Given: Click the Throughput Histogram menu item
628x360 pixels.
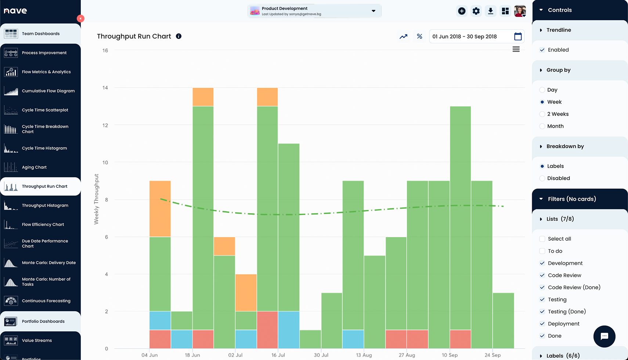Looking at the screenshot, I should (45, 206).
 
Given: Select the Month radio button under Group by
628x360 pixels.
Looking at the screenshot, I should (542, 126).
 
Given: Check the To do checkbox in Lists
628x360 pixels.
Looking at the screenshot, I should (542, 251).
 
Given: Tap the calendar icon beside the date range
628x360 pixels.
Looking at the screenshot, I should (518, 36).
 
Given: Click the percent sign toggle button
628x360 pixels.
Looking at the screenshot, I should (419, 36).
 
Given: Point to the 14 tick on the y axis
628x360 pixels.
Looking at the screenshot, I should (105, 88).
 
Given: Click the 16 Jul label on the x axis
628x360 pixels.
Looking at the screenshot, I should (278, 355).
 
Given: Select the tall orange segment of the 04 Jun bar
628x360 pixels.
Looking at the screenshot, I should (160, 208).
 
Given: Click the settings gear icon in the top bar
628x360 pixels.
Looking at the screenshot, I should (476, 11).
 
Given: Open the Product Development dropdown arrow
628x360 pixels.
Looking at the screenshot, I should (373, 11).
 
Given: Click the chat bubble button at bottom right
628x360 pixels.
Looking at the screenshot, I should (604, 336).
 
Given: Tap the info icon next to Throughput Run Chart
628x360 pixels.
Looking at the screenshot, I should (178, 36).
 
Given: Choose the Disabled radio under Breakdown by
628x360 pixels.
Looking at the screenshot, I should (542, 178).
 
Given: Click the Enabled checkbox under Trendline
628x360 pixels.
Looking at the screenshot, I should (542, 50).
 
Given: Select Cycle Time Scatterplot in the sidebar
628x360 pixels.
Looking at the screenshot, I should (45, 110).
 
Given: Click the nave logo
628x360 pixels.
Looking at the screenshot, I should (15, 11).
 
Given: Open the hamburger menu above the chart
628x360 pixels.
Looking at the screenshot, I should (516, 49).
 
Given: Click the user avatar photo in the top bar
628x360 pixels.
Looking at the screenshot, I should (520, 11).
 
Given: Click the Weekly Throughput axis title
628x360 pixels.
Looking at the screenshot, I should (97, 199).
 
